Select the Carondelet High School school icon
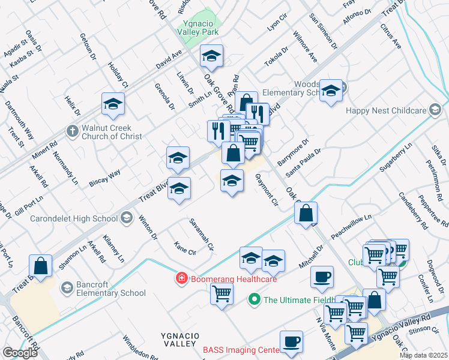(126, 218)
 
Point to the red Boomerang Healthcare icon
(181, 278)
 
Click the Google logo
(20, 353)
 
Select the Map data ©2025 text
(423, 355)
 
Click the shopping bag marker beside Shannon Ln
(40, 266)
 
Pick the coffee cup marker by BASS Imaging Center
(292, 341)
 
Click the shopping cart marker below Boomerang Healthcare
(221, 293)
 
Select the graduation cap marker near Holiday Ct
(112, 104)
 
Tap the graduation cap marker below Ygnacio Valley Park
(211, 56)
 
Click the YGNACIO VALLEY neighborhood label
(178, 338)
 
